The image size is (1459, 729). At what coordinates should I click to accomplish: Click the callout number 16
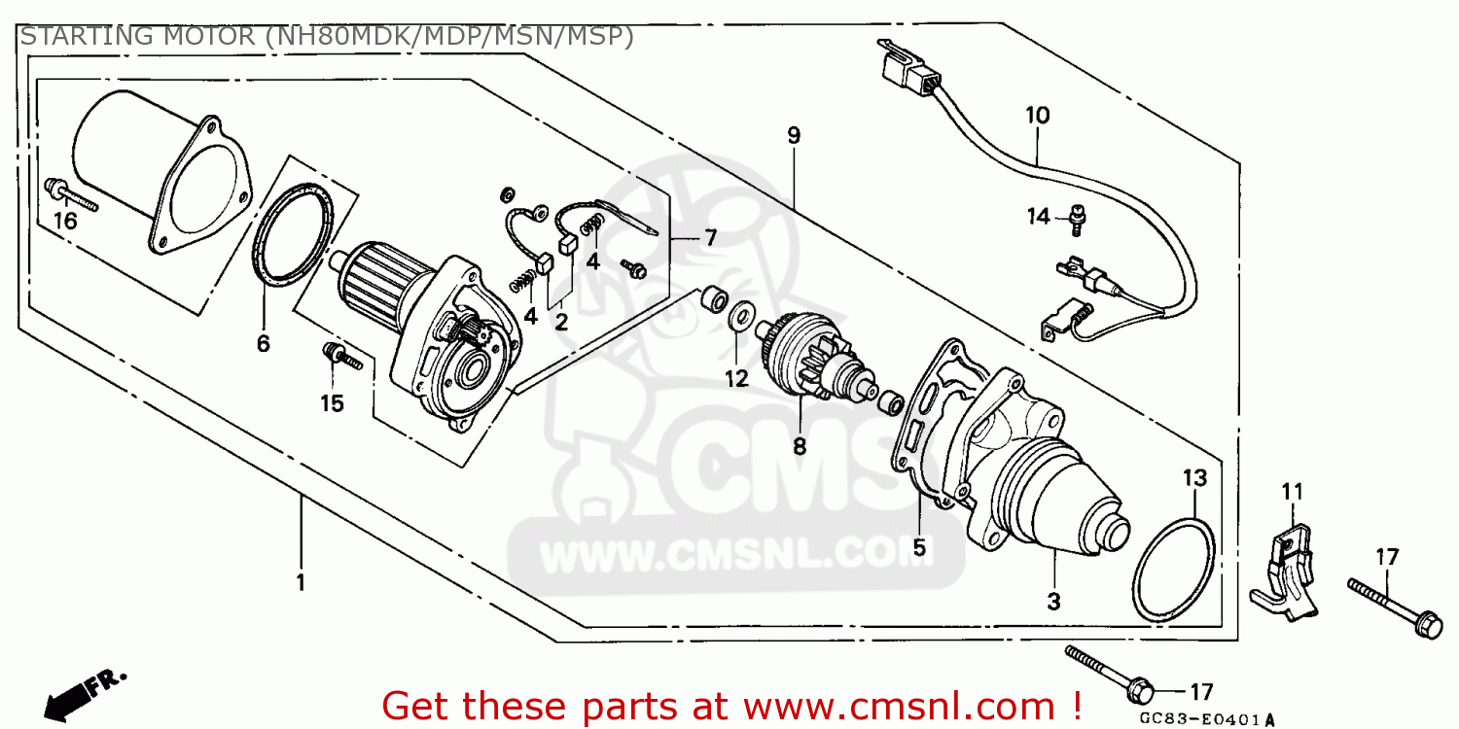[x=65, y=222]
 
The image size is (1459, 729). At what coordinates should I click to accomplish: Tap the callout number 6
[x=264, y=344]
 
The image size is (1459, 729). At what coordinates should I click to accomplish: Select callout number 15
[x=333, y=403]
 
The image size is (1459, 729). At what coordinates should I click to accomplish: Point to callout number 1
[x=301, y=582]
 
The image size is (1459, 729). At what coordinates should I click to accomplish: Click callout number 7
[x=710, y=237]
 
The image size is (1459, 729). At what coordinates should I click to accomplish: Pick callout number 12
[x=736, y=378]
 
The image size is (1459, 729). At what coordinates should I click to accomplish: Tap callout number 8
[x=800, y=446]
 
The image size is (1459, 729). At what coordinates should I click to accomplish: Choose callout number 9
[x=794, y=135]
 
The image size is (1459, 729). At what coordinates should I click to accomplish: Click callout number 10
[x=1038, y=116]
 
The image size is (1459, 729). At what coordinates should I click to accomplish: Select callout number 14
[x=1038, y=216]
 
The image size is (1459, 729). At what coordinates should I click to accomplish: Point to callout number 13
[x=1195, y=478]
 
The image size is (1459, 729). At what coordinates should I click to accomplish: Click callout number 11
[x=1293, y=492]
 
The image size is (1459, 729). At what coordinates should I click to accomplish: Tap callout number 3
[x=1053, y=602]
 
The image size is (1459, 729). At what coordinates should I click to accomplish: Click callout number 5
[x=919, y=547]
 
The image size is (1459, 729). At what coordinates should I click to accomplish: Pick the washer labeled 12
[x=738, y=316]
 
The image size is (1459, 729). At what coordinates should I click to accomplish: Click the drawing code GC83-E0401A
[x=1206, y=718]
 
